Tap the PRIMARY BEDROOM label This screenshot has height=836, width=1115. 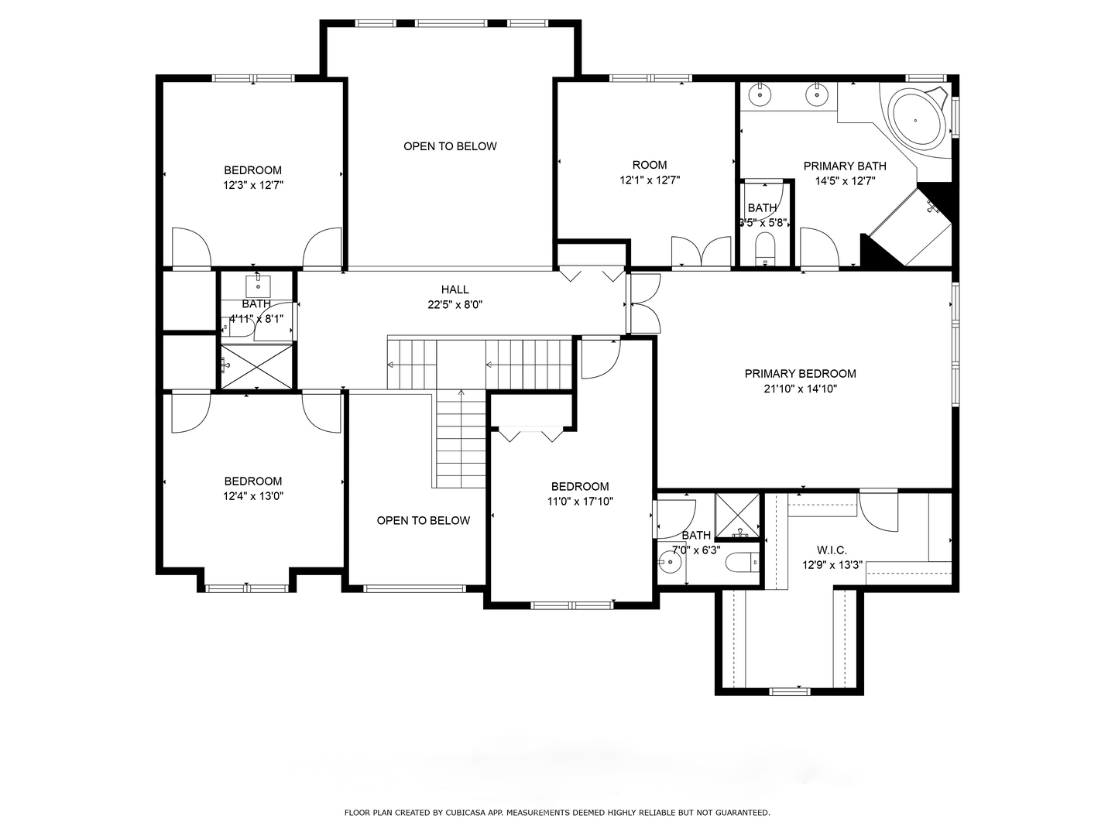(x=800, y=374)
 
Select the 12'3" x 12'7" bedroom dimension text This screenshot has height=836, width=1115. (x=253, y=186)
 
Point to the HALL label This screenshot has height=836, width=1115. (x=455, y=290)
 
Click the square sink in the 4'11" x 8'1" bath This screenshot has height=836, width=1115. (x=258, y=283)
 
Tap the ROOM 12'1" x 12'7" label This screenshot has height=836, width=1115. (x=650, y=173)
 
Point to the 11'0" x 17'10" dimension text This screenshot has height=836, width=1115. (x=579, y=502)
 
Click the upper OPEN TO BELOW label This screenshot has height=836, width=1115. (x=450, y=146)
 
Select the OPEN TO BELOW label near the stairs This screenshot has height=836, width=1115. (x=423, y=520)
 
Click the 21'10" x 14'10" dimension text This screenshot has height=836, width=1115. (x=800, y=389)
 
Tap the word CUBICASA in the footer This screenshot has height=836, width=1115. (x=463, y=813)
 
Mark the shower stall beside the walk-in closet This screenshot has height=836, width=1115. (x=737, y=516)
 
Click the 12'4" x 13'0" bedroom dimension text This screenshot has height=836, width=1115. (x=253, y=496)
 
